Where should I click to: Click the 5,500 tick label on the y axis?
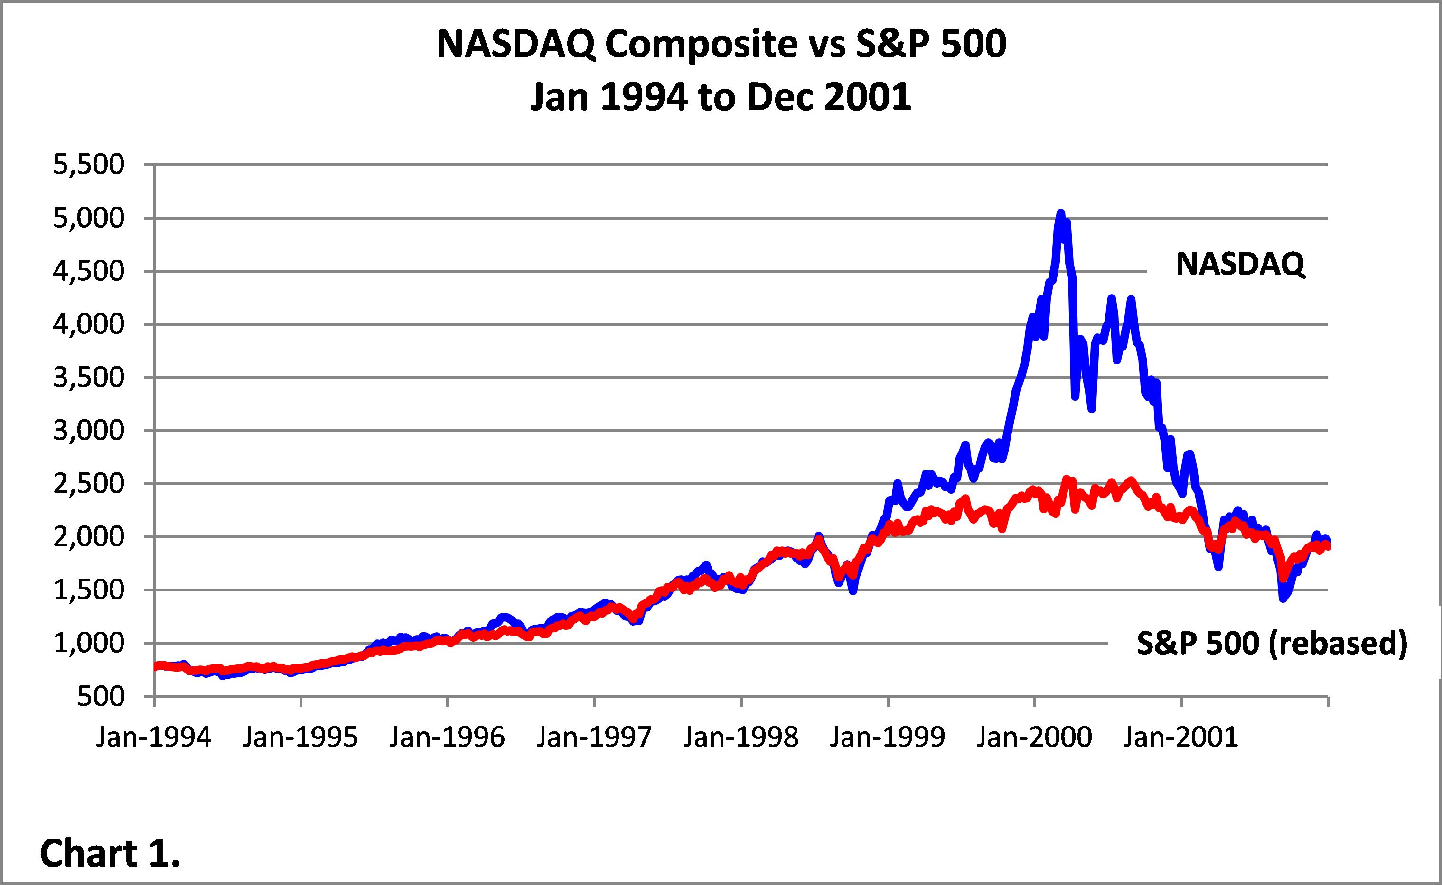[89, 165]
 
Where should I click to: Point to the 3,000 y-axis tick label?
[89, 431]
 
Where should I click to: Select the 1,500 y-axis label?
[89, 590]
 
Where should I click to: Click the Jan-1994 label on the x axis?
[153, 737]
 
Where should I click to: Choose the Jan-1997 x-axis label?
[594, 737]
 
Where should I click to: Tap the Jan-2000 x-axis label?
[1034, 737]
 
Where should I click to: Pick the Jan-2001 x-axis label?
[1181, 737]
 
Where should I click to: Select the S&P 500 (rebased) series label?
[1272, 643]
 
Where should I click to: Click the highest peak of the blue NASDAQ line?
[1060, 213]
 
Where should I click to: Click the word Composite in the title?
[701, 45]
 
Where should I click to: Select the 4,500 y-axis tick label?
[89, 271]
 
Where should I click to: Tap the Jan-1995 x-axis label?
[300, 737]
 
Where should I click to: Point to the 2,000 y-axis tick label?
[89, 537]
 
